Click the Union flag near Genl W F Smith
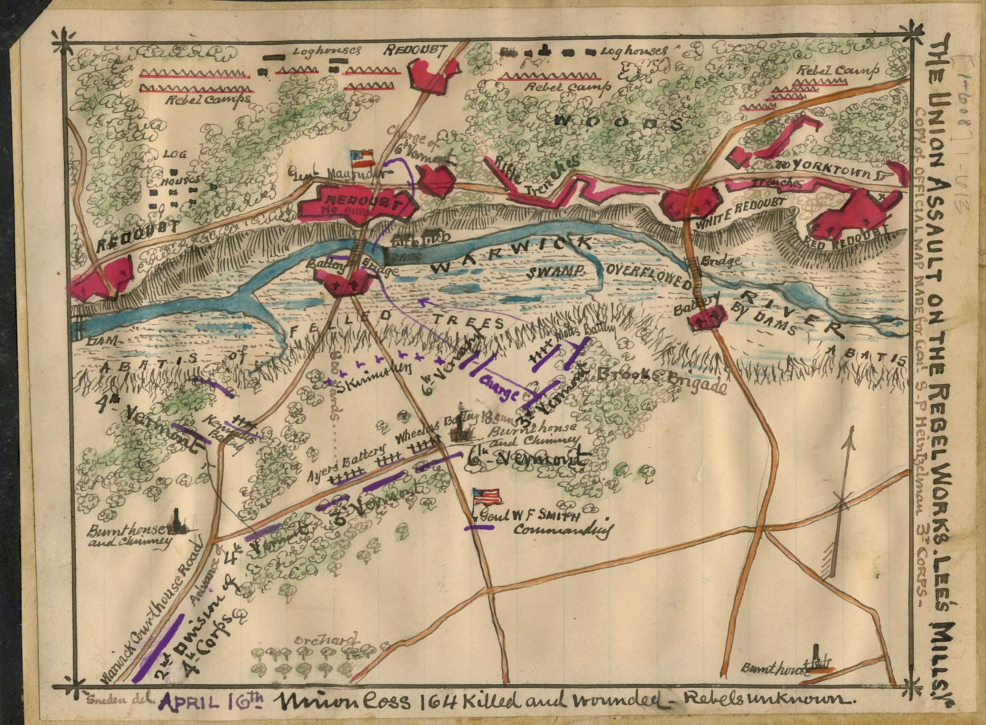tap(488, 497)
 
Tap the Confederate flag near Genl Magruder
tap(362, 159)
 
